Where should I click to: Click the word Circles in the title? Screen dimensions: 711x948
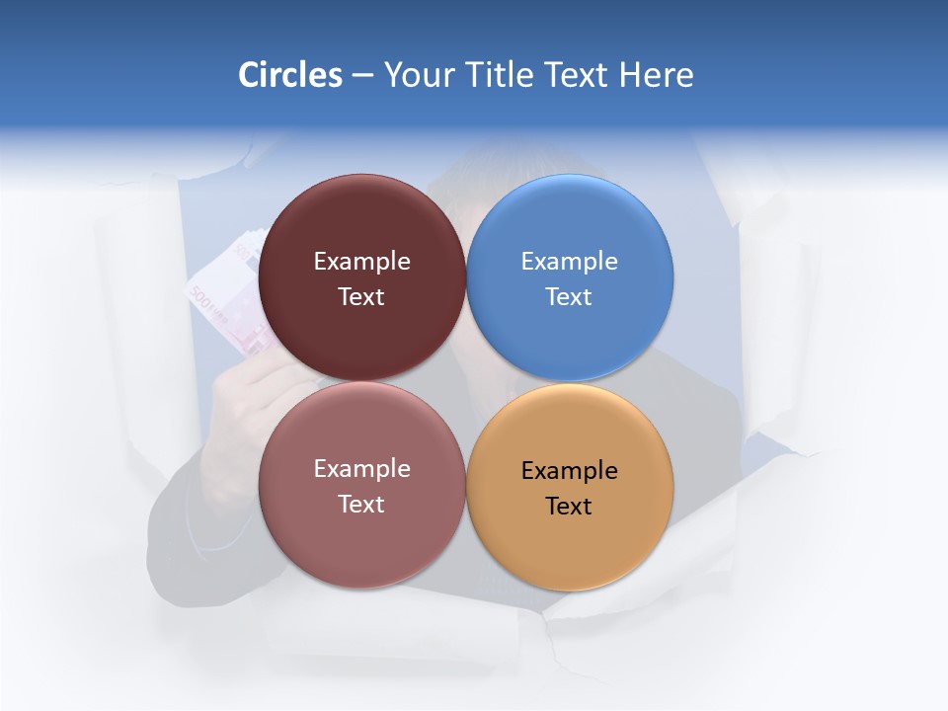tap(290, 75)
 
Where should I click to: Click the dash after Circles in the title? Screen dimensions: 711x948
tap(362, 76)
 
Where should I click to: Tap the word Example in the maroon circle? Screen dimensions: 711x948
tap(361, 261)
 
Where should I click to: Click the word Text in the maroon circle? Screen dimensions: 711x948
tap(361, 296)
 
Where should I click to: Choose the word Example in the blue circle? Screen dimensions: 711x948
tap(569, 261)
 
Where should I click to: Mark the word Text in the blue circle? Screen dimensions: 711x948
tap(569, 296)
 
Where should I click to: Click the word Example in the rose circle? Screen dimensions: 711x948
tap(361, 468)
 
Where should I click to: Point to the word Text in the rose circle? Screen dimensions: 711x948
tap(361, 504)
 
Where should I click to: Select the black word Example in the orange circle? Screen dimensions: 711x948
tap(569, 470)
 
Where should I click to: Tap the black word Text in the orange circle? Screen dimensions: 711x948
tap(569, 506)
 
